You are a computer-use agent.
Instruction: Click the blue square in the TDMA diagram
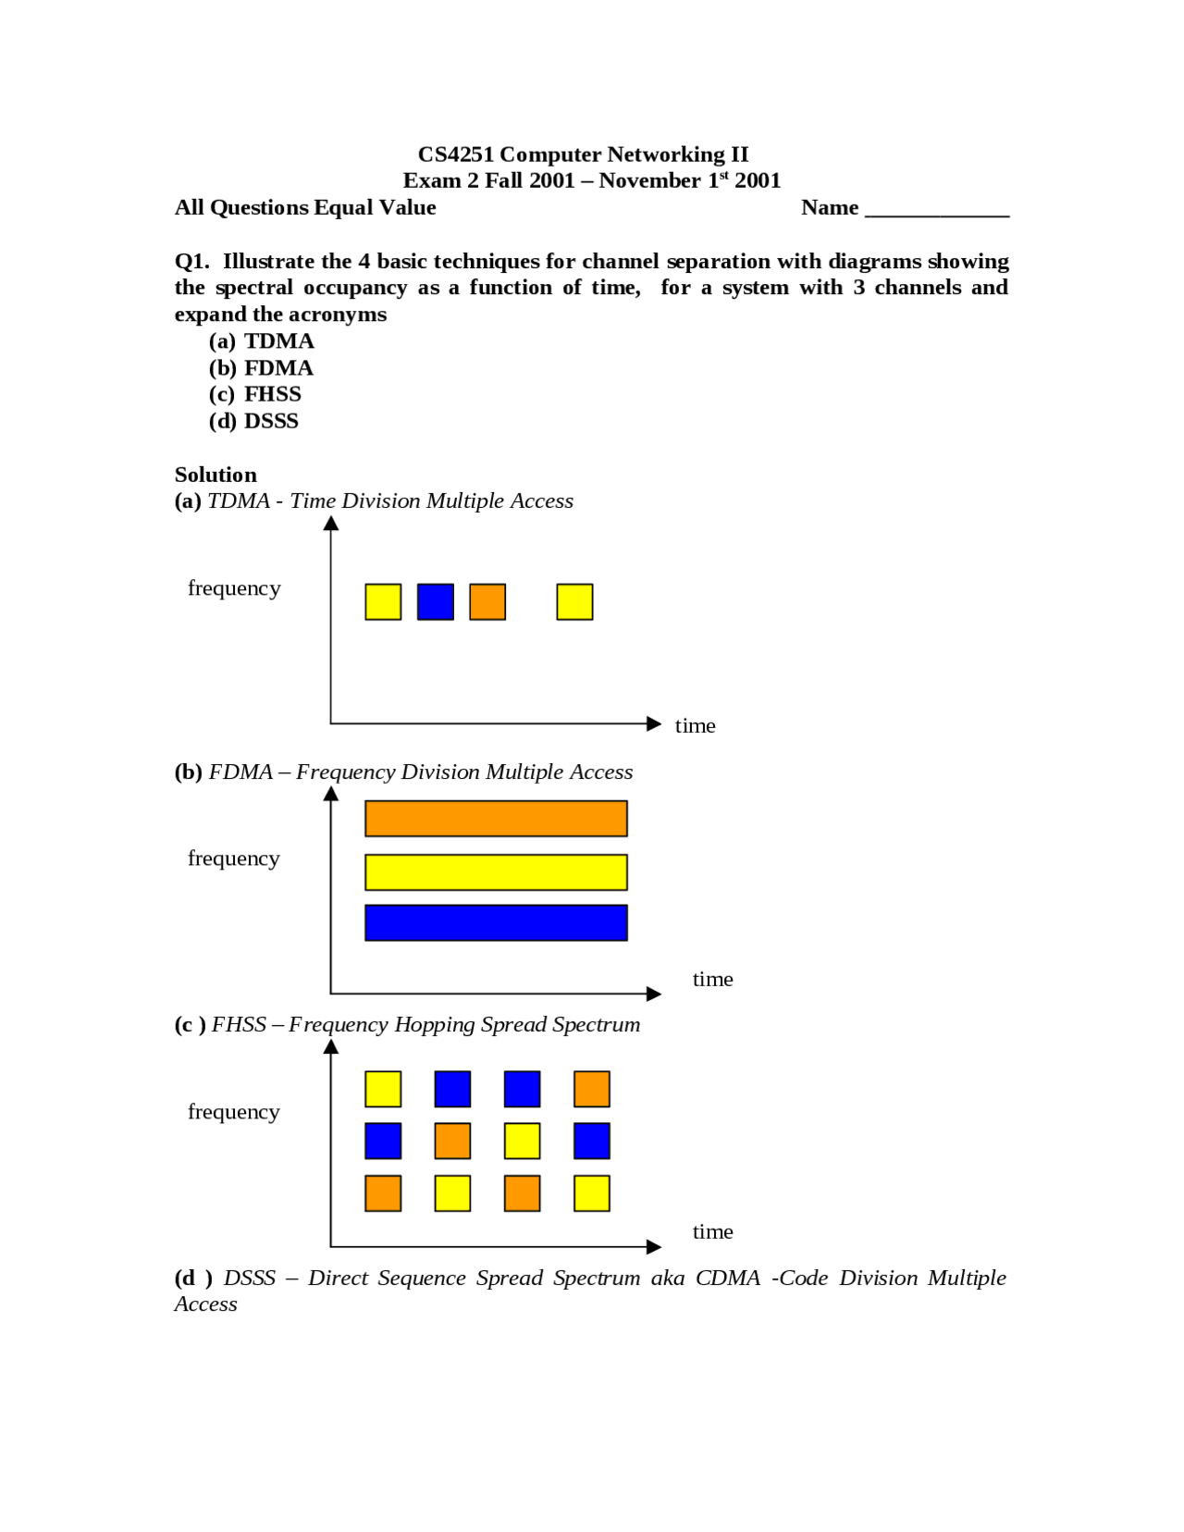point(435,601)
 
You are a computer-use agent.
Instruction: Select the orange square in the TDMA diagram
point(487,601)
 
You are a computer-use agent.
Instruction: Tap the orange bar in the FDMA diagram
point(496,819)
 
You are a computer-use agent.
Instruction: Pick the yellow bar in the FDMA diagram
point(496,872)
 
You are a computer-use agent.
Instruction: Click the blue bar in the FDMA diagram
point(496,922)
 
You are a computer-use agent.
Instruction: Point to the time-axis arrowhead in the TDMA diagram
point(654,723)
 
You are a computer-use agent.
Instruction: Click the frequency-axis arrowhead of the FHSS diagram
point(331,1047)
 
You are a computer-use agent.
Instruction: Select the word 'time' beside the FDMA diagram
point(712,979)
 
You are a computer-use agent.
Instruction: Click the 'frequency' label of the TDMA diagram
point(234,588)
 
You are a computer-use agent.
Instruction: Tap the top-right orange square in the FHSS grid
point(591,1089)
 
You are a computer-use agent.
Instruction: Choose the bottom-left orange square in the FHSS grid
point(383,1193)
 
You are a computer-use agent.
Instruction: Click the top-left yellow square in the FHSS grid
point(383,1089)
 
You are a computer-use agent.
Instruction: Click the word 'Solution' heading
point(216,475)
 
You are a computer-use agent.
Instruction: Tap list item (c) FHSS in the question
point(256,394)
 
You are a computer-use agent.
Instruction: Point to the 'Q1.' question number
point(192,262)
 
